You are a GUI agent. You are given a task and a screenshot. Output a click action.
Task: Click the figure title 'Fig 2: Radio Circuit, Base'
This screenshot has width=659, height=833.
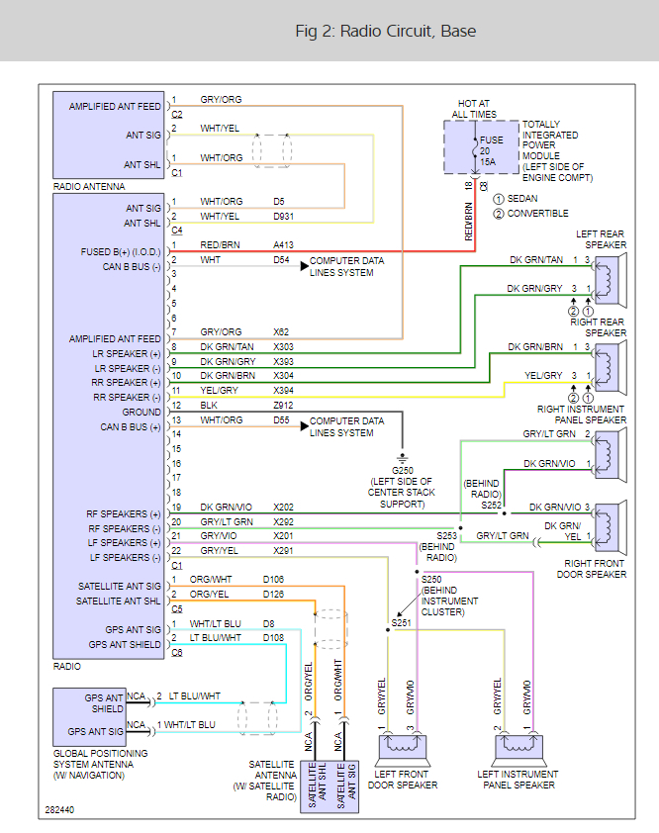[386, 31]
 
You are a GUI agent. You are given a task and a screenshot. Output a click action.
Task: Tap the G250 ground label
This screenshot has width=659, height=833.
[401, 469]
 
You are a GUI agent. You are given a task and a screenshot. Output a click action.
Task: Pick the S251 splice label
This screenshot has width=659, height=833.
[401, 622]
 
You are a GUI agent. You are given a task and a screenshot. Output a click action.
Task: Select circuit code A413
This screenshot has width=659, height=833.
[285, 244]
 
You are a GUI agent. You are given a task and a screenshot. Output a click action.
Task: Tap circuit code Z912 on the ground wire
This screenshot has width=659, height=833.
[285, 405]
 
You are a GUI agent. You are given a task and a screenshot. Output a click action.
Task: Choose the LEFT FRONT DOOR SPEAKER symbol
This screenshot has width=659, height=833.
[403, 743]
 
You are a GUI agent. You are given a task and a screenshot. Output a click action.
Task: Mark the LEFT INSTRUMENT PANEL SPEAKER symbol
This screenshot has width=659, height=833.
[517, 743]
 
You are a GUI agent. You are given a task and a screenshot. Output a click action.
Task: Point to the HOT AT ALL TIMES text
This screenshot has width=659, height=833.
[474, 109]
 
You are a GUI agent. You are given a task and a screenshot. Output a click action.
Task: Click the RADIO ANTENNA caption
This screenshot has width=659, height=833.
[89, 186]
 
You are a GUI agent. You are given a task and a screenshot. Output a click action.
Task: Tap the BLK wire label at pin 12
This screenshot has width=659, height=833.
[209, 405]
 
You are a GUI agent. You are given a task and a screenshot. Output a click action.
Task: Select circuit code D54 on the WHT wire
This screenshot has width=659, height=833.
[282, 259]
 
